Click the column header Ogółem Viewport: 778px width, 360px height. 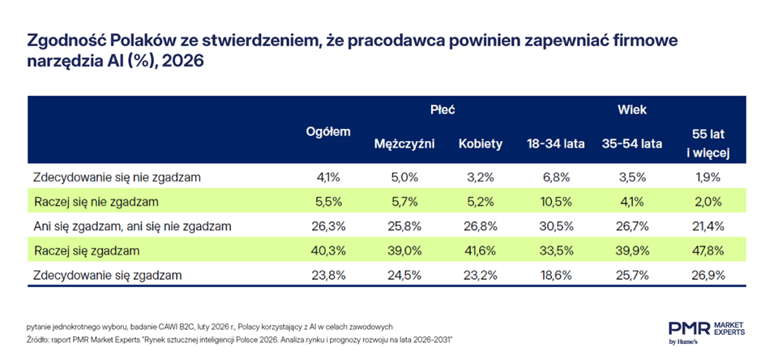pyautogui.click(x=327, y=132)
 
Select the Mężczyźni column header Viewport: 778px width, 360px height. pyautogui.click(x=404, y=144)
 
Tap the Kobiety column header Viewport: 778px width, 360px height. pyautogui.click(x=481, y=144)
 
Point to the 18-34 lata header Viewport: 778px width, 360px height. pyautogui.click(x=556, y=144)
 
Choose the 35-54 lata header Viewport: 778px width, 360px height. pyautogui.click(x=632, y=144)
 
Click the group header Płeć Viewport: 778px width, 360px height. pyautogui.click(x=442, y=109)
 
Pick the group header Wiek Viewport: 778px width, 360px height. pyautogui.click(x=632, y=109)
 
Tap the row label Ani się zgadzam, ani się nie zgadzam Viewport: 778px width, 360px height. pyautogui.click(x=132, y=226)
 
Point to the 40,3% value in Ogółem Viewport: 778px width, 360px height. pyautogui.click(x=327, y=251)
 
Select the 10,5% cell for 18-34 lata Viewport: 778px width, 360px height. pyautogui.click(x=556, y=201)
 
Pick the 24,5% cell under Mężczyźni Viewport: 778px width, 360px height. pyautogui.click(x=404, y=276)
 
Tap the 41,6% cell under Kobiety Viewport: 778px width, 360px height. pyautogui.click(x=481, y=251)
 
